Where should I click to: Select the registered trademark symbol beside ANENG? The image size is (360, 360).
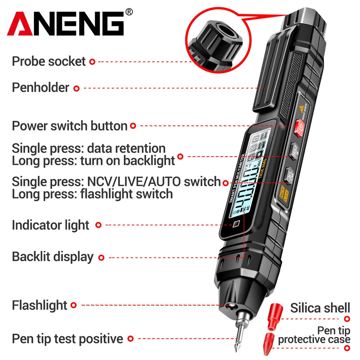point(129,12)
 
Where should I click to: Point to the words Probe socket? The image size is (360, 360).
point(49,61)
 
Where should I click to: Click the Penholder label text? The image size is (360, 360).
point(40,87)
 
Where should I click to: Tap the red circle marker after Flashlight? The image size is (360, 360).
point(73,305)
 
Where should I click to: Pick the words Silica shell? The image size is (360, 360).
point(320,308)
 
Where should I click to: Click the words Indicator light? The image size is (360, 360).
point(50,225)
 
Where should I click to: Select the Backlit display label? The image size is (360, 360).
point(53,257)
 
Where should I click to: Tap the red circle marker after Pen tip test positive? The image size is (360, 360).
point(131,339)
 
